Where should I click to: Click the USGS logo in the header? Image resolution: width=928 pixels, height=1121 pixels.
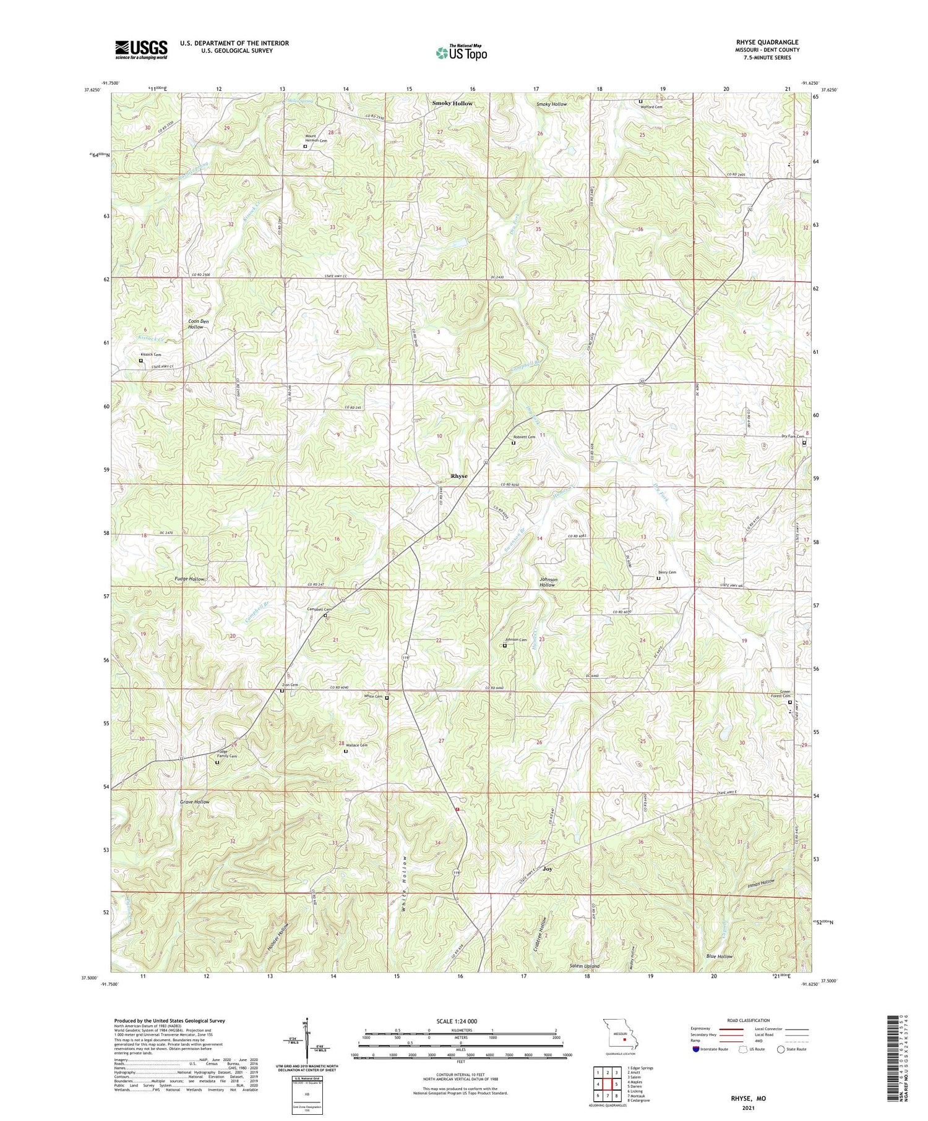pos(141,49)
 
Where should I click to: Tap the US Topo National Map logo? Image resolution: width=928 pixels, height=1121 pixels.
pos(461,53)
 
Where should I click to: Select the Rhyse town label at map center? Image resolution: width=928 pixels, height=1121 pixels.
pos(458,476)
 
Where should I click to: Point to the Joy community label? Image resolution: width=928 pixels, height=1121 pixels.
pos(547,869)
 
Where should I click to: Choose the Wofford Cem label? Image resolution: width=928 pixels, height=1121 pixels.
pos(651,107)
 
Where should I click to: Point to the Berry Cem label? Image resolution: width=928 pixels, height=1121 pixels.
pos(667,573)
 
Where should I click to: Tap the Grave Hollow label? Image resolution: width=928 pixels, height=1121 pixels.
pos(195,802)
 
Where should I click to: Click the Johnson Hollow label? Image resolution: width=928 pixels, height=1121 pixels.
pos(548,582)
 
